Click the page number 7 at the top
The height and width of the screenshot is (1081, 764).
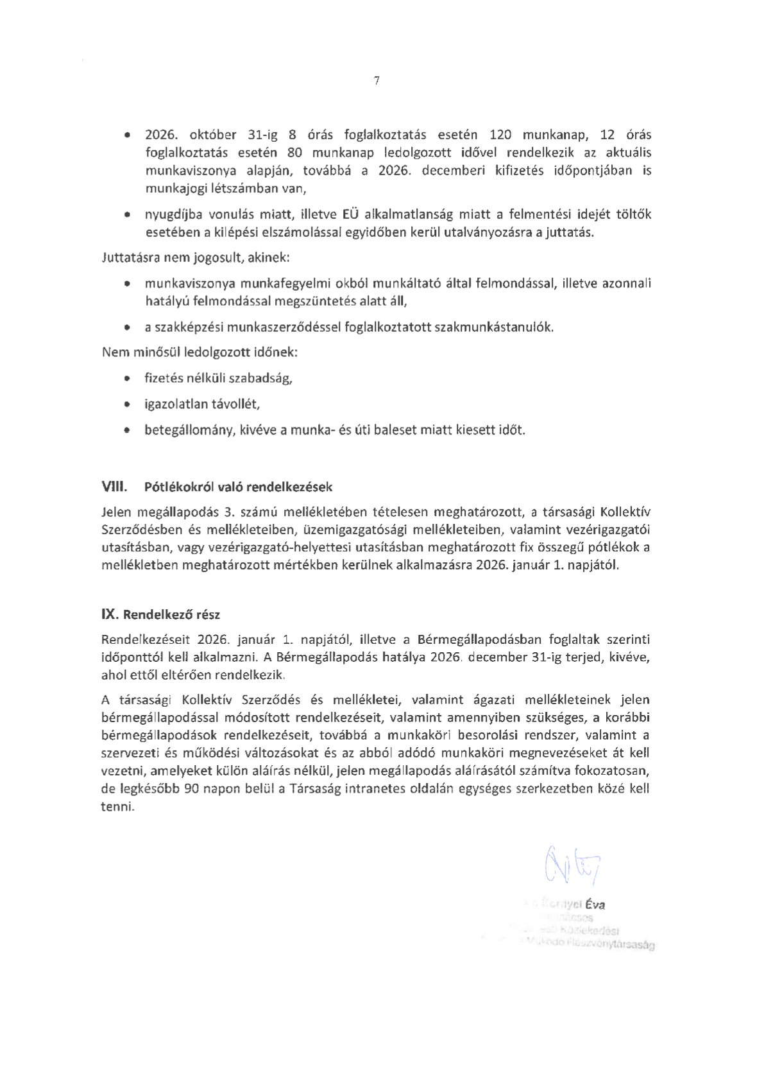377,81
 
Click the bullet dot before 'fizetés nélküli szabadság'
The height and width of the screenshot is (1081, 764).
128,379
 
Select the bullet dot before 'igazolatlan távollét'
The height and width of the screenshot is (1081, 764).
128,404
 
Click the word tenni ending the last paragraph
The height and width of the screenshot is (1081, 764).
117,808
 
